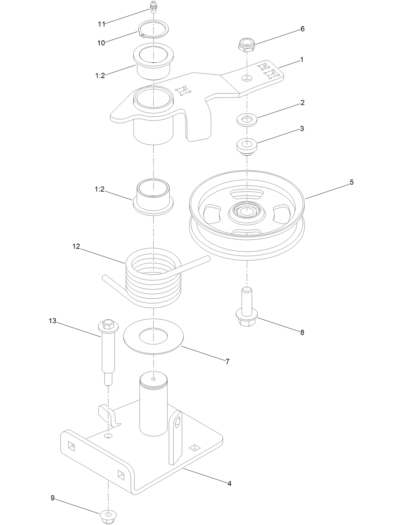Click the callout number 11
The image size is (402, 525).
pyautogui.click(x=101, y=24)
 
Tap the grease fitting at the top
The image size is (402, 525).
pyautogui.click(x=154, y=7)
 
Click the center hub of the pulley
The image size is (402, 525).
pyautogui.click(x=247, y=211)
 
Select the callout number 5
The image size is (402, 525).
pyautogui.click(x=352, y=182)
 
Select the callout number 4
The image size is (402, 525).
pyautogui.click(x=229, y=484)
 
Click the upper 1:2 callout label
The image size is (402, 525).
pyautogui.click(x=100, y=76)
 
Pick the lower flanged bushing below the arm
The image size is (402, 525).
pyautogui.click(x=153, y=198)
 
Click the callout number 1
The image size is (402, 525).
pyautogui.click(x=301, y=60)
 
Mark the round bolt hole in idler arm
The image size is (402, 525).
pyautogui.click(x=247, y=78)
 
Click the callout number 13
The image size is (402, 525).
pyautogui.click(x=52, y=321)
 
